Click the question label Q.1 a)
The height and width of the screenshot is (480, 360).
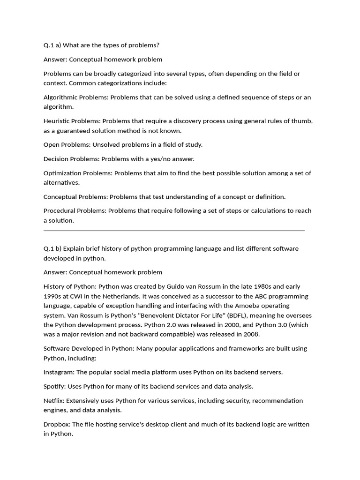52,45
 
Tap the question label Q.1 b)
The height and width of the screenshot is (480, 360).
52,248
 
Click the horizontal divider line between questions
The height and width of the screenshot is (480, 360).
174,231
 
